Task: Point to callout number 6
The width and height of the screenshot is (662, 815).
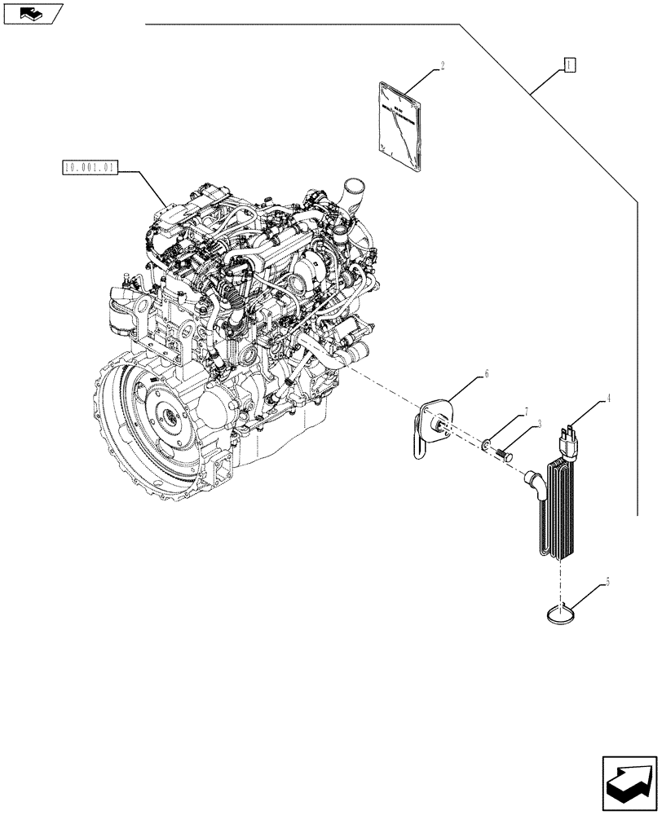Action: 487,374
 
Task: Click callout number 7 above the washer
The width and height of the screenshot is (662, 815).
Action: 527,412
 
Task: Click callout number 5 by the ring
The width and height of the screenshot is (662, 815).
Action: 607,584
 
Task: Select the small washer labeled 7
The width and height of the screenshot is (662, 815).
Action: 486,445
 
